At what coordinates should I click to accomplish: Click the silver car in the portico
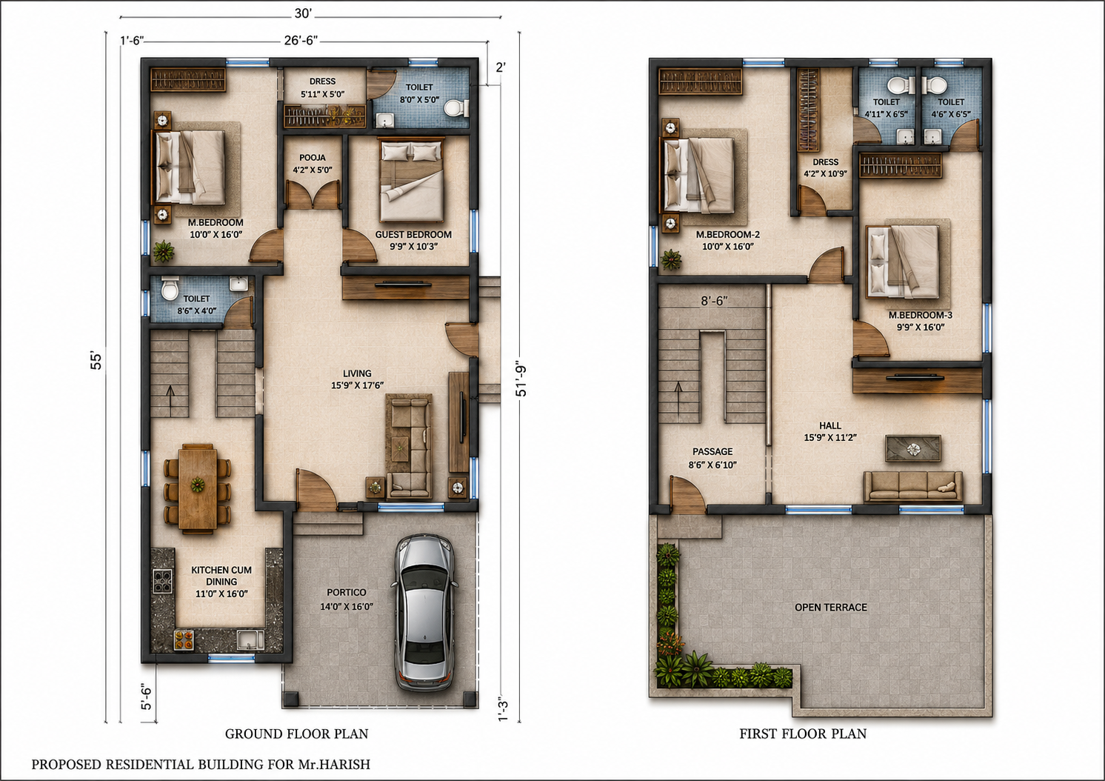point(424,612)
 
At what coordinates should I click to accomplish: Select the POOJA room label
point(313,158)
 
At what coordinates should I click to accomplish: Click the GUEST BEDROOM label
point(413,234)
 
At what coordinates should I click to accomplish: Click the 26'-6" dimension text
point(301,41)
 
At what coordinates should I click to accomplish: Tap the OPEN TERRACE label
point(831,607)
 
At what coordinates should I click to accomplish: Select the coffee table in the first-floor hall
point(913,448)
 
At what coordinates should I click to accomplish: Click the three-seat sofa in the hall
point(913,487)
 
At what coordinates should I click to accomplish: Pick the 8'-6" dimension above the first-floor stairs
point(714,301)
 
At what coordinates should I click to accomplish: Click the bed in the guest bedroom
point(412,180)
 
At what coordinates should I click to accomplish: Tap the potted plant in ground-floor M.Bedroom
point(163,250)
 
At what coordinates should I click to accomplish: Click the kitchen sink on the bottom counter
point(250,639)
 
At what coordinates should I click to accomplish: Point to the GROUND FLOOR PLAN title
point(296,734)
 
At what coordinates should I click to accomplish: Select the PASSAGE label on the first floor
point(712,451)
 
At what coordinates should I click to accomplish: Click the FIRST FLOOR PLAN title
point(803,734)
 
